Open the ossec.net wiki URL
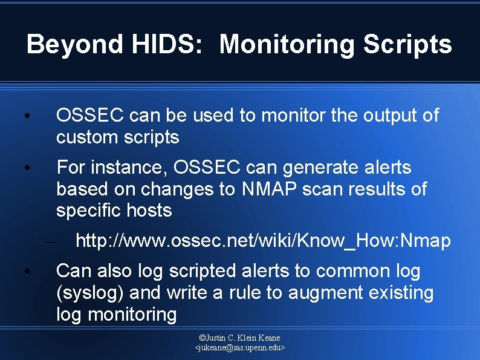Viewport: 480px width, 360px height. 263,241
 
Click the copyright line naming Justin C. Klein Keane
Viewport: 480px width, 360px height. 239,338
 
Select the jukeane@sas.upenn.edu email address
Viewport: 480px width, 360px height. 239,348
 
